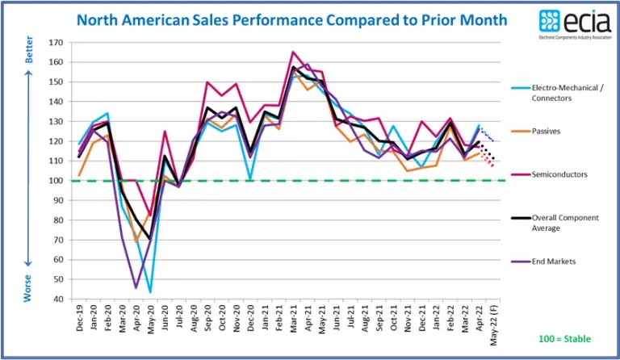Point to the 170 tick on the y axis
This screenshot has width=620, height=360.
[54, 42]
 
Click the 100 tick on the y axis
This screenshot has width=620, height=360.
[54, 180]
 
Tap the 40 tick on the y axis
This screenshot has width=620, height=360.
[56, 299]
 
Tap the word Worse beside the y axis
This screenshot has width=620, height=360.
[28, 287]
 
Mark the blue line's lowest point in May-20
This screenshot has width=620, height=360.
[150, 291]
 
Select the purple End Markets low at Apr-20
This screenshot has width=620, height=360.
[136, 287]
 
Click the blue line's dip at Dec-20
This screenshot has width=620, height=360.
[250, 179]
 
